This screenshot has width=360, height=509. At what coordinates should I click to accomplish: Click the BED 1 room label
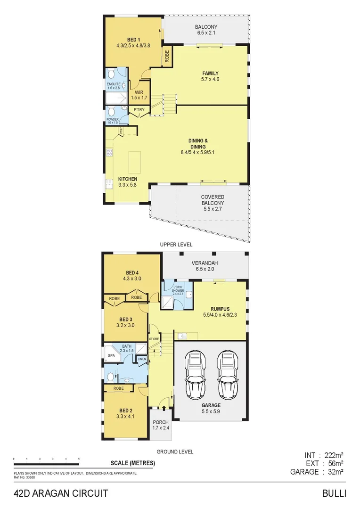click(x=132, y=40)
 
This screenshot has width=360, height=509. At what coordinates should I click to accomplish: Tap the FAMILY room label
click(x=210, y=73)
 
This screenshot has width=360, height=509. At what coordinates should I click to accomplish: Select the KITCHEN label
click(x=127, y=179)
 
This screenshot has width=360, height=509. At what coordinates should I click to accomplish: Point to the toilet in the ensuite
click(x=111, y=74)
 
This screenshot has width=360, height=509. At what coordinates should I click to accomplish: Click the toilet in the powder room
click(x=111, y=111)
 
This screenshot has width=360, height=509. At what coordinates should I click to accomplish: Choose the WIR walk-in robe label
click(x=139, y=92)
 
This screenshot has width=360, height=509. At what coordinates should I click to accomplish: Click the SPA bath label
click(x=111, y=356)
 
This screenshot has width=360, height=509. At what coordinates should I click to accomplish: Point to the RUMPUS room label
click(x=213, y=309)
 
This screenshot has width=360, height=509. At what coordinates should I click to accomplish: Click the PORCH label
click(x=160, y=422)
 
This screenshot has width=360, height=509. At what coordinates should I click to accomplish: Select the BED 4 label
click(x=132, y=272)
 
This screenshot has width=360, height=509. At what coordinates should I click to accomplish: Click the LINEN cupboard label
click(x=142, y=360)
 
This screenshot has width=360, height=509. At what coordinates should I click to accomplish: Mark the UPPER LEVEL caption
click(x=176, y=245)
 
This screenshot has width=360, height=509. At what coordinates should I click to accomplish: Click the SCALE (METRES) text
click(x=132, y=463)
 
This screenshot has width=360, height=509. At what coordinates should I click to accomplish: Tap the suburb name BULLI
click(x=334, y=493)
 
